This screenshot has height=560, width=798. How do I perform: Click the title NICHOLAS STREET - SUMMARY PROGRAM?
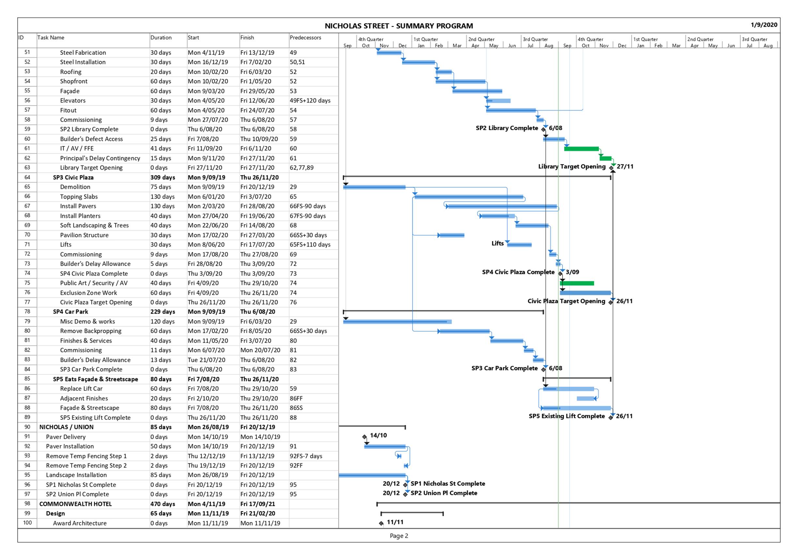(x=399, y=26)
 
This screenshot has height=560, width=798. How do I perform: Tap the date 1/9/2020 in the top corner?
(x=764, y=25)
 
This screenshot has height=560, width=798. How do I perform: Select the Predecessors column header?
(x=305, y=38)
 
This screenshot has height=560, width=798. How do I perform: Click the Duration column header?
(x=161, y=38)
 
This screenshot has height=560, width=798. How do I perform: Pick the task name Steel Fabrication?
(x=83, y=53)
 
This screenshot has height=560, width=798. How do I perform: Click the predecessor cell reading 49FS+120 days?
(x=310, y=100)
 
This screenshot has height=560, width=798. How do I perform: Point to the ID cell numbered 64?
(x=27, y=177)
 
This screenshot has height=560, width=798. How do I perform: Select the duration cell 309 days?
(x=163, y=177)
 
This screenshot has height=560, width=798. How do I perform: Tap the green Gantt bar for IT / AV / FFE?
(x=581, y=149)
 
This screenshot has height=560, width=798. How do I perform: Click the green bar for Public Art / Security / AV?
(x=577, y=283)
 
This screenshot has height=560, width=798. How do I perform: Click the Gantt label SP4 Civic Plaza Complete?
(x=518, y=272)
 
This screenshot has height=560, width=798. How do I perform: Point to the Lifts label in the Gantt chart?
(x=497, y=243)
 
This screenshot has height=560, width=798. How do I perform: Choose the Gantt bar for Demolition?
(x=374, y=187)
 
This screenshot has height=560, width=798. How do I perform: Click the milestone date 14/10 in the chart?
(x=378, y=435)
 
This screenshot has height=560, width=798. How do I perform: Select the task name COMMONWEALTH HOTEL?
(x=75, y=504)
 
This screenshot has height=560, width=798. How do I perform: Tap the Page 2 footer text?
(x=399, y=536)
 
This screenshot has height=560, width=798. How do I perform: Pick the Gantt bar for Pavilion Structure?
(x=451, y=235)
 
